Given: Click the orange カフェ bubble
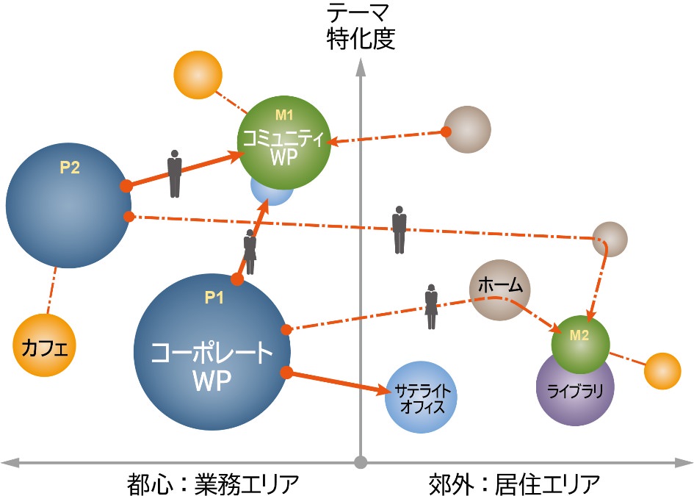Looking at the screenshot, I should tap(45, 345).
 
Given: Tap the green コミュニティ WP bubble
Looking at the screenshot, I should tap(285, 138).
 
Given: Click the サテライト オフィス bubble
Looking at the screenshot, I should tap(421, 398).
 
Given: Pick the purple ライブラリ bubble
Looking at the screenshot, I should tap(574, 390).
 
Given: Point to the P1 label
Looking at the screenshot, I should tap(214, 298).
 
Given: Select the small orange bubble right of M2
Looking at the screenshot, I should tap(662, 370).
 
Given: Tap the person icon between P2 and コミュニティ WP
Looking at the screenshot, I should tap(174, 174).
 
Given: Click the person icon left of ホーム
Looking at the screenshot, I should tap(430, 306).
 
